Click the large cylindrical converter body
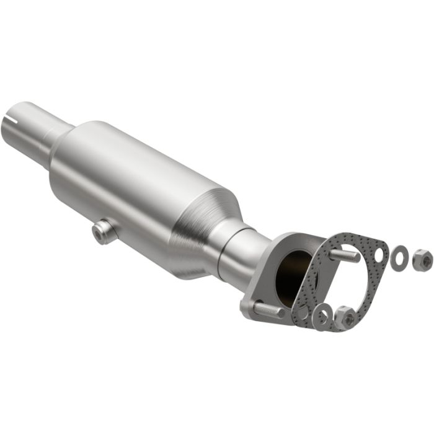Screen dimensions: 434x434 [136, 180]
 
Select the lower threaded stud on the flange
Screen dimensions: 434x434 [267, 308]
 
